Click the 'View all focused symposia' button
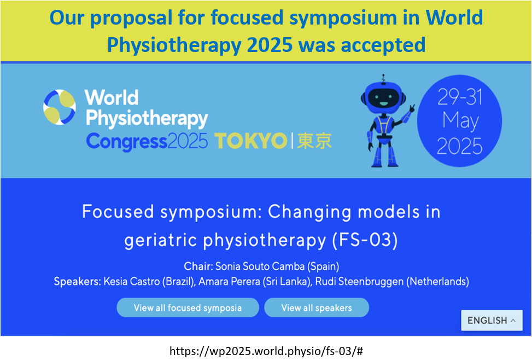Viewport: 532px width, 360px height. point(188,307)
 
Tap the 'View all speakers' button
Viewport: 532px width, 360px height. point(317,307)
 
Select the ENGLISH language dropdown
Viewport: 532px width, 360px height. point(492,320)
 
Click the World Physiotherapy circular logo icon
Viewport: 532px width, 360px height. point(60,107)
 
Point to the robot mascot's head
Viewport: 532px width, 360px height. point(383,97)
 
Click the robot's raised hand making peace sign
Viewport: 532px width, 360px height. point(412,108)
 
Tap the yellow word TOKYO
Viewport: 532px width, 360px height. point(251,141)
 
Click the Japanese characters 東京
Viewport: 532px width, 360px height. point(314,141)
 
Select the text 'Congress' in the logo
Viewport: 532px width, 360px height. point(126,142)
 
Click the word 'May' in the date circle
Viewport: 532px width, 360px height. point(460,121)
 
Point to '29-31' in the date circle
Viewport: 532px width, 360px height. point(460,97)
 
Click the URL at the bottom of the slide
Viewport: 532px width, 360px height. point(266,351)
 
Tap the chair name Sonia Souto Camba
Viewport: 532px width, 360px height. point(260,266)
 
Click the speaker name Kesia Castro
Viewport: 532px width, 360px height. point(131,282)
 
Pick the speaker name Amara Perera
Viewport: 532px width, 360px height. point(229,282)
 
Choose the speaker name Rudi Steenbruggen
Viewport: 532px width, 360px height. point(359,282)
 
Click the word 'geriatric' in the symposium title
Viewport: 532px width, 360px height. point(161,240)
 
